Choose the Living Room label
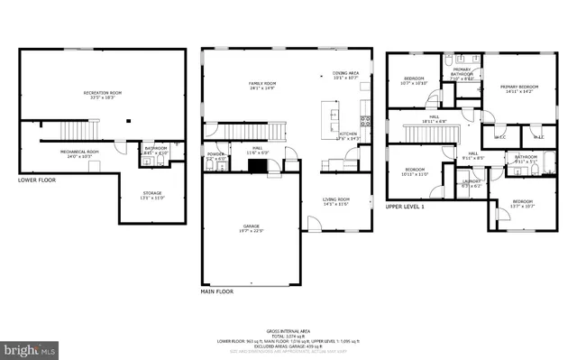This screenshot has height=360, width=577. (x=335, y=201)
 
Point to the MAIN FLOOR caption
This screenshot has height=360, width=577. (x=217, y=291)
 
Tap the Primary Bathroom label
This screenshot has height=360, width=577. (x=462, y=73)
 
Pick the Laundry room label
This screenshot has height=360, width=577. (x=472, y=183)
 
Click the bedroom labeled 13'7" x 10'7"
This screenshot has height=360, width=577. (x=522, y=203)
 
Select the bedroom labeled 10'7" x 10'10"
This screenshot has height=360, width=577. (x=414, y=81)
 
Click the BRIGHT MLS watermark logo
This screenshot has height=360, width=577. (x=29, y=347)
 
